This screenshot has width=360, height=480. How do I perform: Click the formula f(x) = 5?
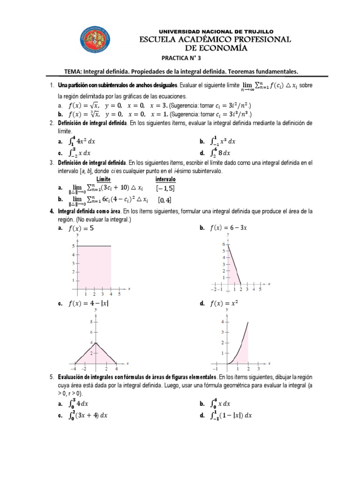point(81,228)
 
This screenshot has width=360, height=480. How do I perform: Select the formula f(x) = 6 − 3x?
point(229,228)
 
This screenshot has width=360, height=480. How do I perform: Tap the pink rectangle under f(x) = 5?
point(94,267)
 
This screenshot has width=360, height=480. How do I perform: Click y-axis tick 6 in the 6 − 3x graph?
point(224,245)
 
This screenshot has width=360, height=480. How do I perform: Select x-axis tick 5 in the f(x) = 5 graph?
point(119,294)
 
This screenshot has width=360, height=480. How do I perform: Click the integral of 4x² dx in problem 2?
point(84,141)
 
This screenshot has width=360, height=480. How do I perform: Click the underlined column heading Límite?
point(103,179)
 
